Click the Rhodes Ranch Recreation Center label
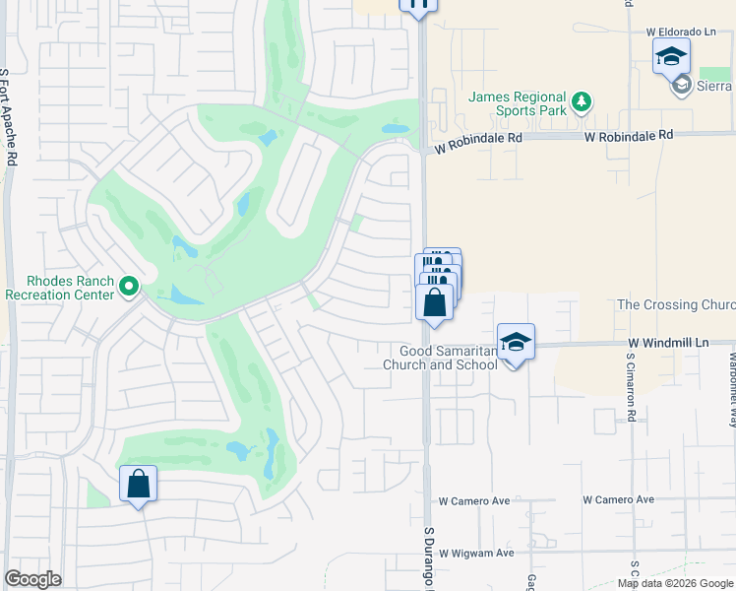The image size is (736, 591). [61, 287]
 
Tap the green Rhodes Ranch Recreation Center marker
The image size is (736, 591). [128, 287]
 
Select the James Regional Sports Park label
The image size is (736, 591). [518, 104]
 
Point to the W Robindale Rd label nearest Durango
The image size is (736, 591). [478, 139]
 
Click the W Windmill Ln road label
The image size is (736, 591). [669, 341]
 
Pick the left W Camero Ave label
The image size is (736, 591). [474, 500]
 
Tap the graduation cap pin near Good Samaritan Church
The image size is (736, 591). [516, 342]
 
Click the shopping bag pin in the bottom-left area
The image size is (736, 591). [139, 484]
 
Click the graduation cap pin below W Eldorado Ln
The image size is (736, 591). [671, 56]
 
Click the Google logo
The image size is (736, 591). [32, 579]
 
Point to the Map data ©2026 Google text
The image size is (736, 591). [674, 583]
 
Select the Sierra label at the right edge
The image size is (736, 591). [716, 86]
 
